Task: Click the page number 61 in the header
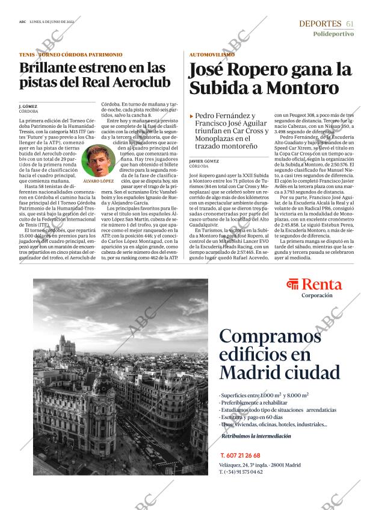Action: coord(350,24)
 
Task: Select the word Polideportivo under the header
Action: coord(333,34)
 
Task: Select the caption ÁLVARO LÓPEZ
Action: coord(99,181)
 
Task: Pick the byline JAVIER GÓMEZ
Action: coord(203,162)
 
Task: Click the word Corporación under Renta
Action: coord(316,295)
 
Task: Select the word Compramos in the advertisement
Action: coord(268,335)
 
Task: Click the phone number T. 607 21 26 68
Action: coord(240,455)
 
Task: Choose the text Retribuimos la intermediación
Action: coord(256,436)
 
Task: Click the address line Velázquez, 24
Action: coord(234,464)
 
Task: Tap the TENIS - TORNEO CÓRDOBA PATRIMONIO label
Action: coord(70,54)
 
